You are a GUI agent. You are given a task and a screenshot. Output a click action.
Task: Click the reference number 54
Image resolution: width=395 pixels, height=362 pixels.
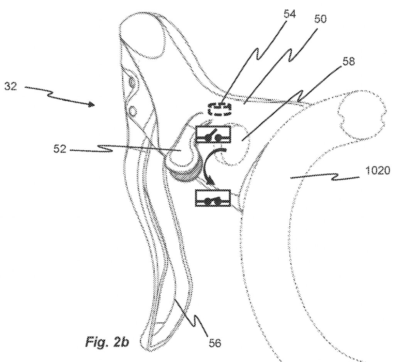coord(290,14)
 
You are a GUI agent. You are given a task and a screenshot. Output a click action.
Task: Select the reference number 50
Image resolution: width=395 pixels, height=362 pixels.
coord(320,19)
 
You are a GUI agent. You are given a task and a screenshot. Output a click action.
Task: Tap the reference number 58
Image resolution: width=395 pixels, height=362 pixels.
coord(348,61)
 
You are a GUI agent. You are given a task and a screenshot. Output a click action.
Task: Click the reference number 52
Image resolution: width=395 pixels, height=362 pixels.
coord(60,149)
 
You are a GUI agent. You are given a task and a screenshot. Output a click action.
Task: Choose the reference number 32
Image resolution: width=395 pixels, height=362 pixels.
coord(11,87)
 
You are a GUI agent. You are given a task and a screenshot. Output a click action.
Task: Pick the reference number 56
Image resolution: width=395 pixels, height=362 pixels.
coord(215,343)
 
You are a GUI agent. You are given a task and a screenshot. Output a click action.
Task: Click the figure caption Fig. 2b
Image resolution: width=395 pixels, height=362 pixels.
coord(107,342)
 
